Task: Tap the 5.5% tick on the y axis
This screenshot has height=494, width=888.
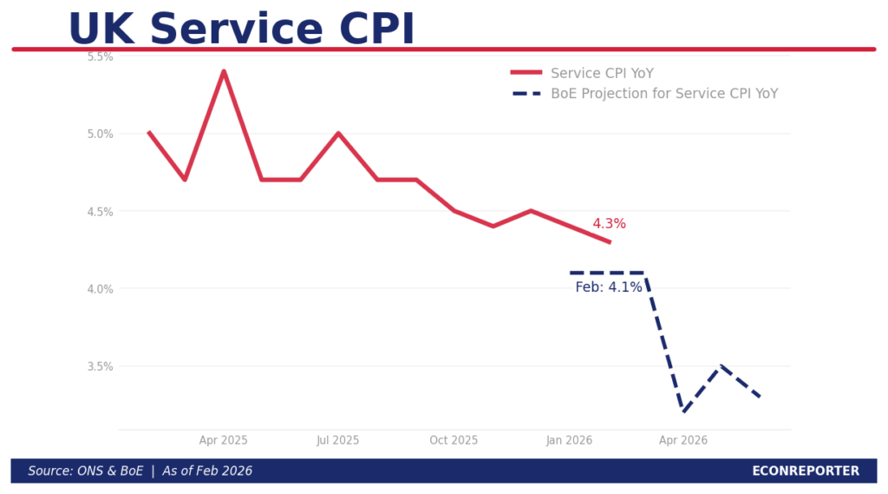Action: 101,56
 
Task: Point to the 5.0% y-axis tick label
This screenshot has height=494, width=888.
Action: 101,134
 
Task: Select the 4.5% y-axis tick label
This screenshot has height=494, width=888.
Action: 101,211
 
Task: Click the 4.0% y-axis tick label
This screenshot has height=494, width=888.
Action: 101,288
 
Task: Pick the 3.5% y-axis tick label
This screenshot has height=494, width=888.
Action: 101,366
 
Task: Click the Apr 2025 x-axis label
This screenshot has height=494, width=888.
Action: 223,440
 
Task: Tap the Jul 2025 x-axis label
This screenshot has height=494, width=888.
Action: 337,440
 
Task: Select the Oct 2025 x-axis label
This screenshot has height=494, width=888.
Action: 454,440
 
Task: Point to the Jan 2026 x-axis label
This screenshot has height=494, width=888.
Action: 569,440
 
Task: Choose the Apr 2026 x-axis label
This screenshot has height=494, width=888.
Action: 683,440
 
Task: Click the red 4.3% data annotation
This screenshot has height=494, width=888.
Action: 609,224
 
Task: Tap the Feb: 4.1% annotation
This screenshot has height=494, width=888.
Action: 609,287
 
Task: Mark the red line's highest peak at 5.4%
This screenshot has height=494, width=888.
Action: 224,71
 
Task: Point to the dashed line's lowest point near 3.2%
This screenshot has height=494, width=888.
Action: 683,412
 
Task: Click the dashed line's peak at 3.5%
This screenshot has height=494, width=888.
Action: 721,366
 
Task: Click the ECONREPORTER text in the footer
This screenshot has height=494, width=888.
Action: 806,471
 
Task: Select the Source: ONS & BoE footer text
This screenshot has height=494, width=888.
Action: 140,471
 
